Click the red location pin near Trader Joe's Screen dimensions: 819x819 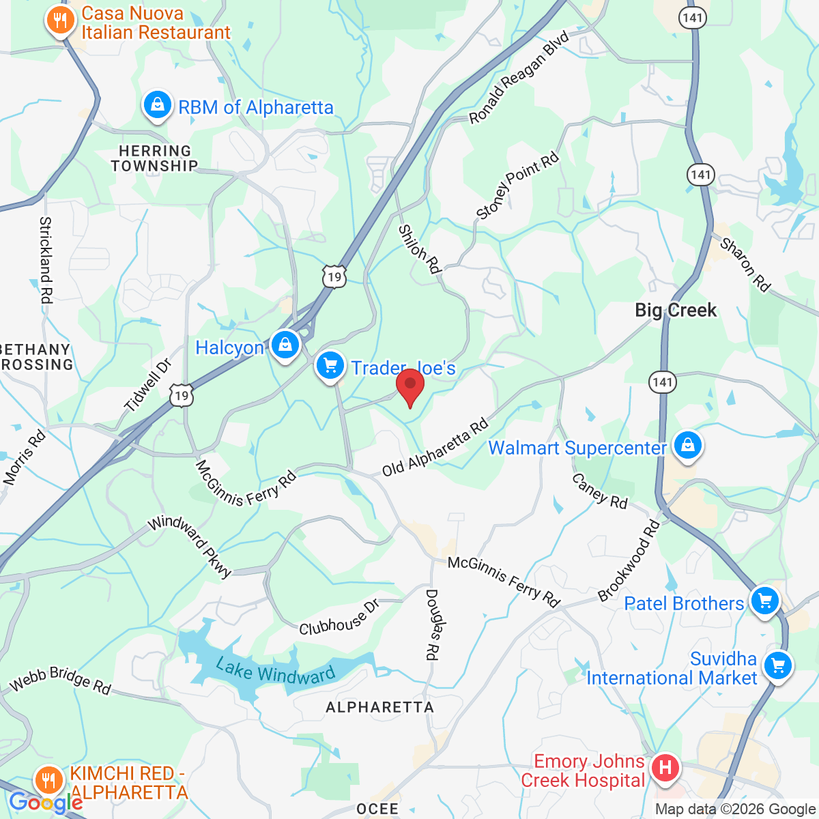point(410,386)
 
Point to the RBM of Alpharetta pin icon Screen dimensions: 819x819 point(158,106)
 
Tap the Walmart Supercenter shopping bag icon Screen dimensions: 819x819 point(687,446)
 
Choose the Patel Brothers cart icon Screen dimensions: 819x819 point(764,601)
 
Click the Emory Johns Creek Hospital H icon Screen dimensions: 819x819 point(665,768)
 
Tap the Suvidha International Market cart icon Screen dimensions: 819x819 point(777,665)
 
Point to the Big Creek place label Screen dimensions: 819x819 point(676,311)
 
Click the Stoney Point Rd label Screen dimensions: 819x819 point(517,186)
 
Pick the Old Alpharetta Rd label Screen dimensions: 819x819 point(435,448)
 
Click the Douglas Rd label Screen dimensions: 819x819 point(432,624)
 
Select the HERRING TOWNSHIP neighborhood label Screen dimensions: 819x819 point(155,158)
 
